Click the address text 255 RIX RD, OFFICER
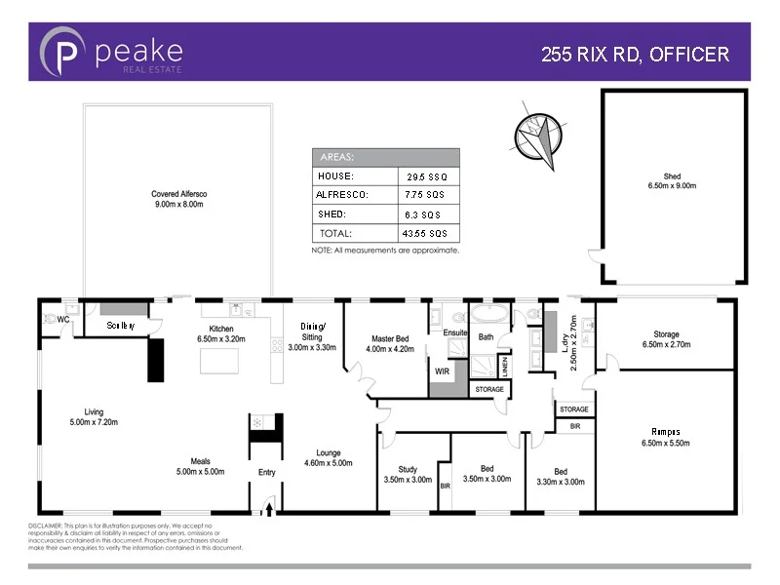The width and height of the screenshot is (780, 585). tap(635, 55)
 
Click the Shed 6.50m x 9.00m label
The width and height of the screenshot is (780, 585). tap(672, 180)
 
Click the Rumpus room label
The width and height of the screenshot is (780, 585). tap(666, 436)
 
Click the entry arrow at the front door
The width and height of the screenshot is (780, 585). tap(268, 504)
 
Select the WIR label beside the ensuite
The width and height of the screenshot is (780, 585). tap(441, 371)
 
